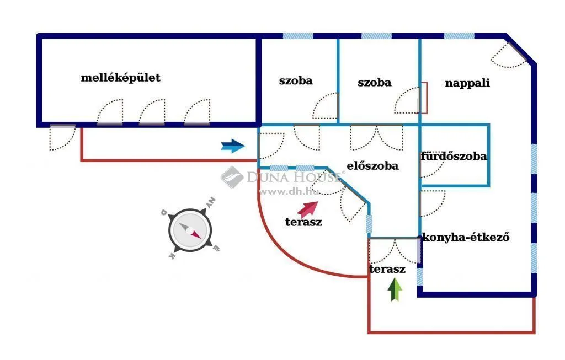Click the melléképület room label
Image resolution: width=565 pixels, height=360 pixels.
click(120, 78)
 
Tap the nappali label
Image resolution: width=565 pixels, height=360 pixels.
click(467, 83)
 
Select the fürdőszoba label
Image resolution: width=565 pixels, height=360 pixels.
click(454, 156)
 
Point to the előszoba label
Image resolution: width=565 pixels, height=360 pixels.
click(372, 166)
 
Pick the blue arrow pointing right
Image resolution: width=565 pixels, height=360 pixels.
click(233, 146)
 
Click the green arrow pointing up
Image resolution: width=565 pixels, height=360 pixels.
click(395, 289)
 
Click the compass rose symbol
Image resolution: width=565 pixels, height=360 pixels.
click(190, 229)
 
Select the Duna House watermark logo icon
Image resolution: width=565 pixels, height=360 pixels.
click(232, 177)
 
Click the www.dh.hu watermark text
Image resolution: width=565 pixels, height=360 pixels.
click(289, 191)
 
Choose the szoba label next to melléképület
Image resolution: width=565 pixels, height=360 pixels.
click(296, 80)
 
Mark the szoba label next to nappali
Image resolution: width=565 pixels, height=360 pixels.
click(375, 83)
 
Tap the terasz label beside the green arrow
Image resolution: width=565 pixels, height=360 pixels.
click(387, 269)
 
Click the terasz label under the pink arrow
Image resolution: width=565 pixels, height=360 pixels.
click(303, 222)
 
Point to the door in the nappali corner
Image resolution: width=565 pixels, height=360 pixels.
click(509, 55)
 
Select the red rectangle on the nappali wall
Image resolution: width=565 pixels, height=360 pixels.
click(423, 98)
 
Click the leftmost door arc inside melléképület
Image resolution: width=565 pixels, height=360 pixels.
click(110, 112)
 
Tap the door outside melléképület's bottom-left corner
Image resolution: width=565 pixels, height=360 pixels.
click(62, 137)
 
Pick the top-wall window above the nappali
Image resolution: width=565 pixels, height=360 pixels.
click(459, 36)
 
